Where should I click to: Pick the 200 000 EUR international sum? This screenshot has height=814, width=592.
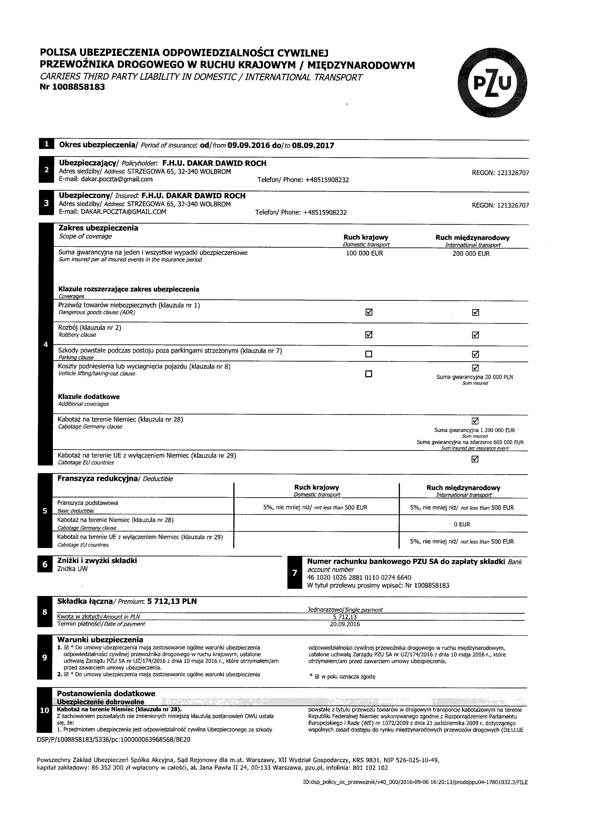pyautogui.click(x=471, y=254)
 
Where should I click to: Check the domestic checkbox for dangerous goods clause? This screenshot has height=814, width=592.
pyautogui.click(x=369, y=312)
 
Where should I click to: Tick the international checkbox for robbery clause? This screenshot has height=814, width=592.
pyautogui.click(x=475, y=335)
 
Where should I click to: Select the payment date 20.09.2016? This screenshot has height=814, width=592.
pyautogui.click(x=345, y=624)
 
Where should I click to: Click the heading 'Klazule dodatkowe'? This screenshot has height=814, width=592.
pyautogui.click(x=89, y=397)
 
